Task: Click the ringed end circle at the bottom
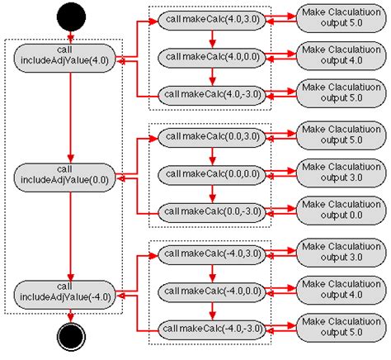tap(71, 336)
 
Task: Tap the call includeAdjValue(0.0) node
tap(71, 174)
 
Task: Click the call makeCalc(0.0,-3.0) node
tap(213, 212)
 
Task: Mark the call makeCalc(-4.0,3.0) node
tap(213, 253)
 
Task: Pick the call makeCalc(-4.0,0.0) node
tap(213, 291)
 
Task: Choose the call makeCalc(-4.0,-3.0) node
tap(213, 328)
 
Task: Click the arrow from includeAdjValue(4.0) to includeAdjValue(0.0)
tap(71, 116)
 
